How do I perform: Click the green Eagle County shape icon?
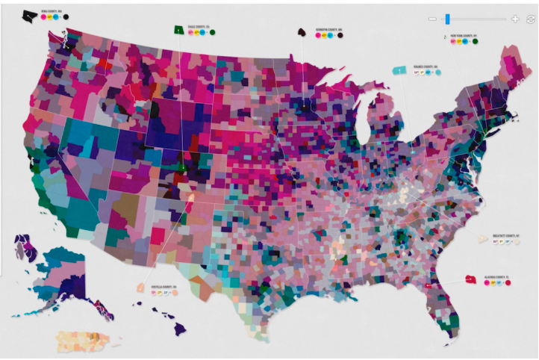click(x=179, y=30)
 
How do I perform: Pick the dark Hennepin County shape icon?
click(x=302, y=33)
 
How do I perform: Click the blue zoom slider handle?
click(x=447, y=19)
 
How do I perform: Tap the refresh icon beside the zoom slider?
click(x=531, y=19)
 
